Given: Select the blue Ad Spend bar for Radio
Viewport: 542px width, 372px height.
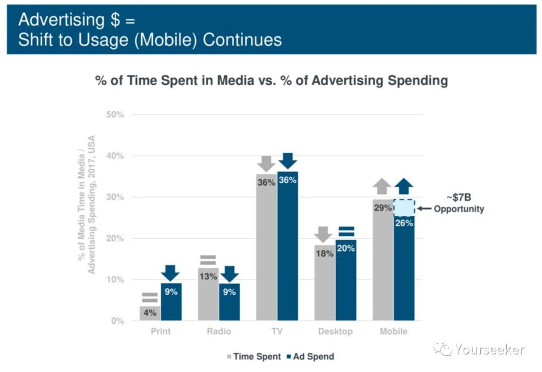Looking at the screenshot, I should pos(229,302).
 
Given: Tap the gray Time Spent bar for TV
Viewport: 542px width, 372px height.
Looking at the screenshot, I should pos(267,248).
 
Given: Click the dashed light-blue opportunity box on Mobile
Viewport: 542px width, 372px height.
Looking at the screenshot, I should pos(404,208).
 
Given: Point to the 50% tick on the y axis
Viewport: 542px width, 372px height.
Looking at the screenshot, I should pos(115,115).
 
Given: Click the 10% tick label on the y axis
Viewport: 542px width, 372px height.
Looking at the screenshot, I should pos(115,280).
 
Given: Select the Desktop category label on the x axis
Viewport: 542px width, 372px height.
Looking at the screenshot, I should pos(335,331).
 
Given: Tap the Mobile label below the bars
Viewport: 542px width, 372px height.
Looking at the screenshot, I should pos(393,331).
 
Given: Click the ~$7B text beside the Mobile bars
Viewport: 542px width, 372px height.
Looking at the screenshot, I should pos(459,197).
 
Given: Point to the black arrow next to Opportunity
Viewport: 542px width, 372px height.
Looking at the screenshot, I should pos(424,209).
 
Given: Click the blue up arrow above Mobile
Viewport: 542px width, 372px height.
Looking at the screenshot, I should pos(404,186).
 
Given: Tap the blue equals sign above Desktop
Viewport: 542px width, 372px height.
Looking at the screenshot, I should pos(346,231).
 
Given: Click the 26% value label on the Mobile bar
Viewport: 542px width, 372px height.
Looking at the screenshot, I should pos(404,223).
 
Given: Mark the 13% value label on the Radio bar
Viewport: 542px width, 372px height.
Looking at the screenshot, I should pos(208,277).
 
